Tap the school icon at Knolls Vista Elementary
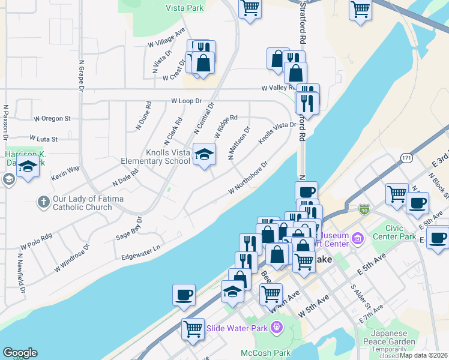(204, 155)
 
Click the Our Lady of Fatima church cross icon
(43, 202)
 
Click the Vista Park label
(186, 8)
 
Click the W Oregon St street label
(52, 119)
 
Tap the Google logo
(20, 353)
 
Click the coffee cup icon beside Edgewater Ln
(184, 295)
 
